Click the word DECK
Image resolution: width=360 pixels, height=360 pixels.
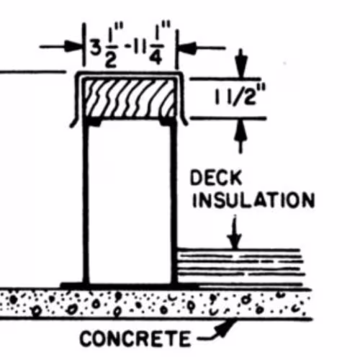coord(216,178)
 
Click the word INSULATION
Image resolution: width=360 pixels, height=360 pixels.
coord(253,200)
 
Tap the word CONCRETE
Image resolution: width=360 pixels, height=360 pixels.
coord(135,338)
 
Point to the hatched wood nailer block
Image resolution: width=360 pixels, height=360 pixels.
coord(130,98)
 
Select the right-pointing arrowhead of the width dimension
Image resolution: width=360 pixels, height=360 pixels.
coord(74,46)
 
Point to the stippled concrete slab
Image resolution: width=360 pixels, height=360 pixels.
coord(156,305)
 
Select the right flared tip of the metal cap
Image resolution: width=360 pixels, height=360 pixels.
coord(186,125)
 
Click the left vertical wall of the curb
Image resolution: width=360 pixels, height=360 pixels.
coord(86,202)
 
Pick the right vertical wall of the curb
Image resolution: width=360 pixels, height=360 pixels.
coord(174,202)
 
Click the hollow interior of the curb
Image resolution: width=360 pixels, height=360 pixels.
coord(130,204)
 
